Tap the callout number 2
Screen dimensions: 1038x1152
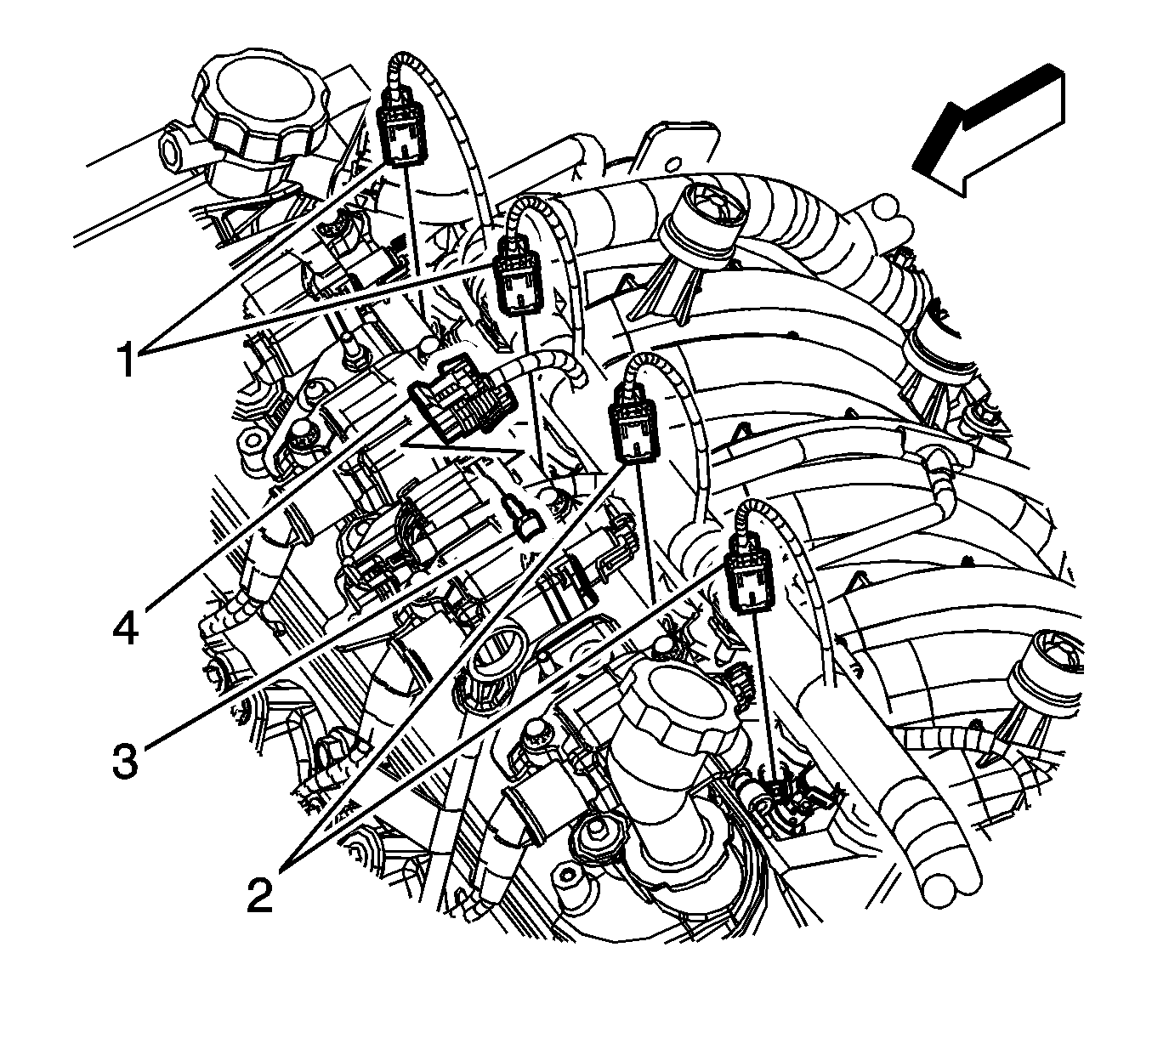(259, 895)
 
